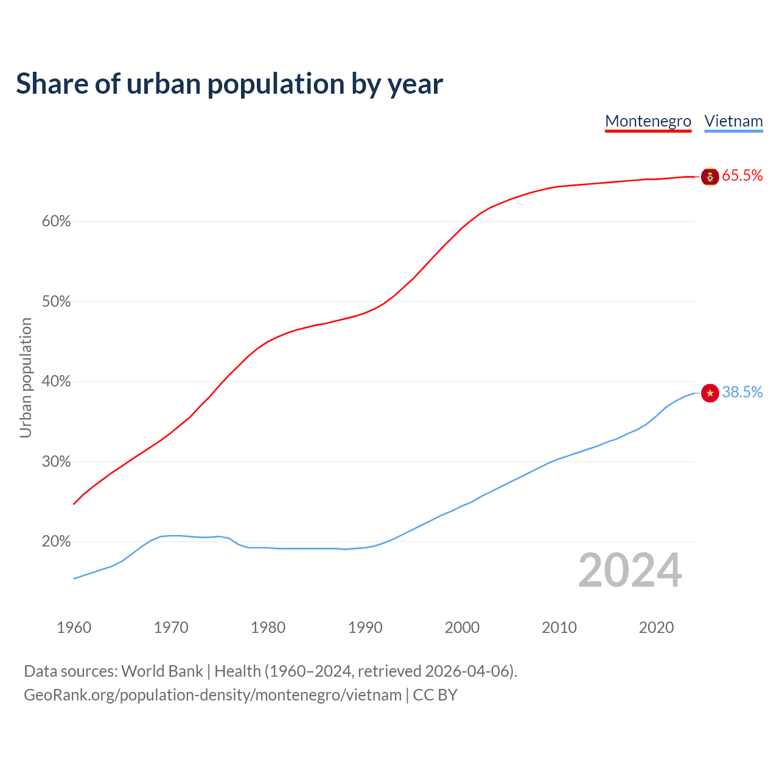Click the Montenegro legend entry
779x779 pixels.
pos(648,121)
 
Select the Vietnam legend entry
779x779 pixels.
pos(733,121)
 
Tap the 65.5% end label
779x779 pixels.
pos(742,176)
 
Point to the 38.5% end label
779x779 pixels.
pos(742,393)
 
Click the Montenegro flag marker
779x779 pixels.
pos(710,176)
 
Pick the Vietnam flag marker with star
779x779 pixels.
pos(710,393)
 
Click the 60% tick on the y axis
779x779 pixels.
pos(57,222)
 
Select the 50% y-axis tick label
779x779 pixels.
pos(57,302)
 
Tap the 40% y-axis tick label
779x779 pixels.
pos(57,382)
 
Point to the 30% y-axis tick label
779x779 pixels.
pos(57,462)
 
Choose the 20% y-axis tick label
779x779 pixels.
pos(57,542)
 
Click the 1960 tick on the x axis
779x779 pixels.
pos(74,627)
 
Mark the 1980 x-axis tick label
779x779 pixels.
pos(268,627)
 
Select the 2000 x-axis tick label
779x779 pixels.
pos(462,627)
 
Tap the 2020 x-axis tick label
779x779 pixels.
pos(656,627)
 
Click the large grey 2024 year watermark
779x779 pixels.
pos(630,570)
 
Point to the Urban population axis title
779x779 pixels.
pos(26,377)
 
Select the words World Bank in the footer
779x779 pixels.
pos(162,671)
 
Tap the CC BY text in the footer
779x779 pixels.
pos(435,695)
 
